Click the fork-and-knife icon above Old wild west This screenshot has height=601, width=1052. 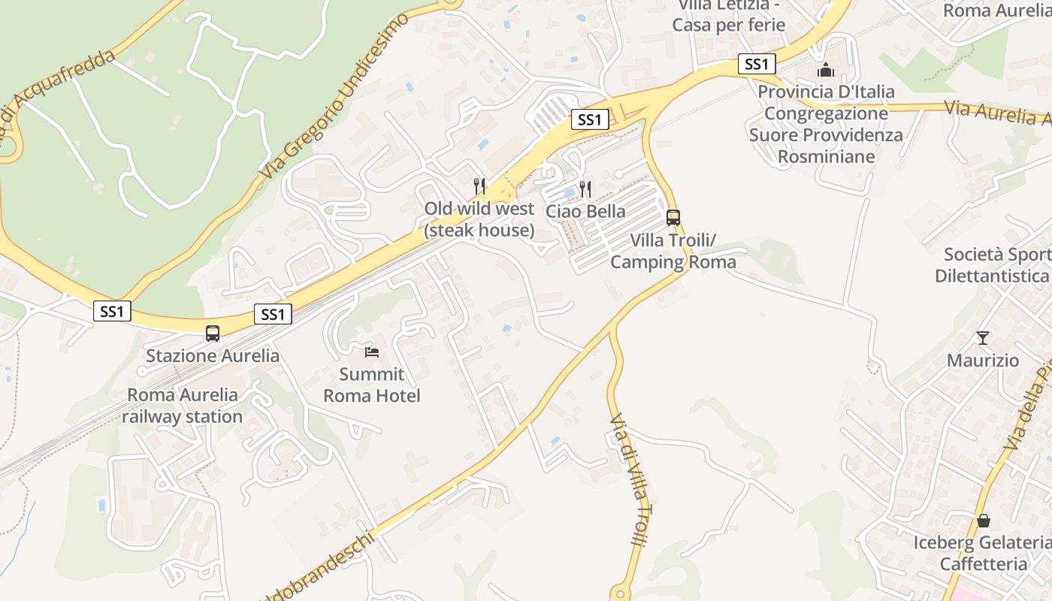(x=479, y=186)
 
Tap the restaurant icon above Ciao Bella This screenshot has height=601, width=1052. (x=585, y=189)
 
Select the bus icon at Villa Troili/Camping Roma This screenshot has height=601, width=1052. (x=673, y=218)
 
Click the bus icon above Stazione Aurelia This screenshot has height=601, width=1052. (x=213, y=334)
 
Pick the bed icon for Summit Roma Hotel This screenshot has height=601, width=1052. (x=372, y=352)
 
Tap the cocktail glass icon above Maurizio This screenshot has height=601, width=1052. (x=982, y=338)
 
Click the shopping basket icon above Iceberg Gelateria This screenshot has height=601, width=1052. (x=983, y=521)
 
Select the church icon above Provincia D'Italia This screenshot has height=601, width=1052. (x=826, y=70)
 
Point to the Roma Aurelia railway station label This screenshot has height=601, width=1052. (x=183, y=406)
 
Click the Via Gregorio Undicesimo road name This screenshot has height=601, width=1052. (x=336, y=95)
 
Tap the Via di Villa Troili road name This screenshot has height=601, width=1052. (x=629, y=479)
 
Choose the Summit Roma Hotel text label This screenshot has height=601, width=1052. (x=372, y=385)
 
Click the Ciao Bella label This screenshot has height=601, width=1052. (x=585, y=211)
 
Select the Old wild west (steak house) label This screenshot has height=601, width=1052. (x=479, y=219)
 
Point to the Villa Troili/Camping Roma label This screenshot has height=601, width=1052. (x=673, y=251)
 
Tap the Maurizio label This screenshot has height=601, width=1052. (x=982, y=361)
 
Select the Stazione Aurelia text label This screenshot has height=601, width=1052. (x=213, y=355)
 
